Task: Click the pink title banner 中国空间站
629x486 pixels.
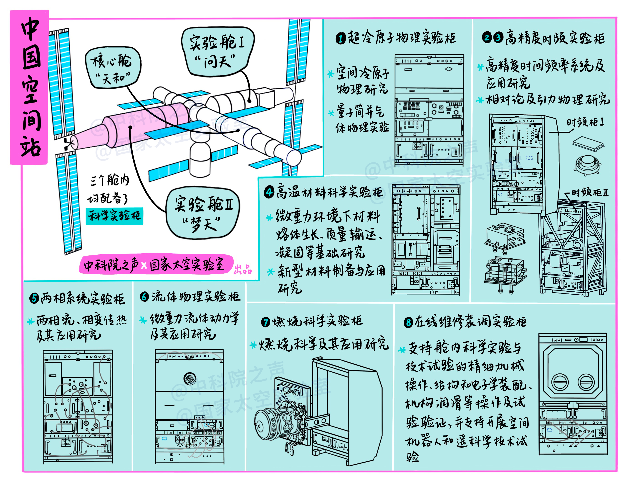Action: (29, 87)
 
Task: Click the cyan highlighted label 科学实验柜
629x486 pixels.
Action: (115, 216)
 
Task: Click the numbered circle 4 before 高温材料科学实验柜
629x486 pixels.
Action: (269, 192)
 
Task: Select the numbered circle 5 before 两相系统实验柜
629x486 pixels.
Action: (34, 298)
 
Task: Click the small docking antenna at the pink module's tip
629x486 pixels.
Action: (68, 143)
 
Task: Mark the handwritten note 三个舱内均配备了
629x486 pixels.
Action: (109, 189)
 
